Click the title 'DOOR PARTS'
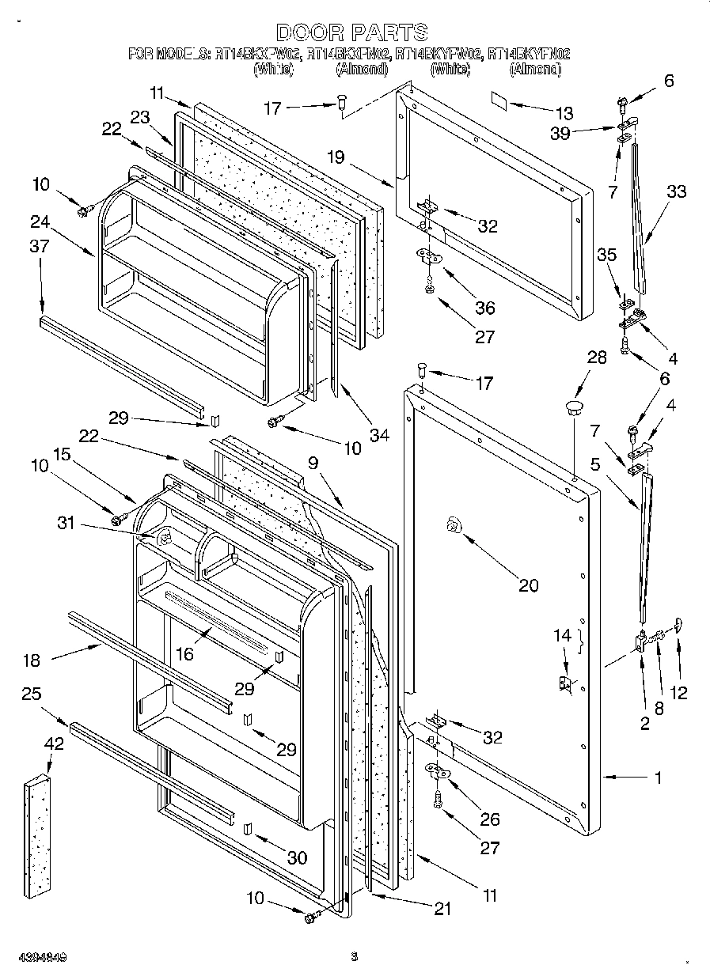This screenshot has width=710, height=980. (352, 32)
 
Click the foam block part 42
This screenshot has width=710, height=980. (36, 838)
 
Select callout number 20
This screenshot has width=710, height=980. (528, 585)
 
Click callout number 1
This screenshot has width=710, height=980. (658, 778)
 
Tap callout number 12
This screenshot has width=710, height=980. (678, 694)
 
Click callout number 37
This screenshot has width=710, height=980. (40, 247)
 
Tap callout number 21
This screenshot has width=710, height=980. (441, 910)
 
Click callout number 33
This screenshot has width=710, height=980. (676, 191)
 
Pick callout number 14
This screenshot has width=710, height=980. (561, 634)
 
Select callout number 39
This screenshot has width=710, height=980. (560, 134)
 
